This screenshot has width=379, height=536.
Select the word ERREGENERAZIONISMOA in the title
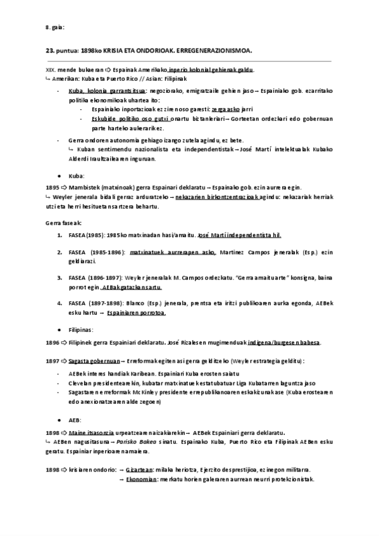tap(214, 49)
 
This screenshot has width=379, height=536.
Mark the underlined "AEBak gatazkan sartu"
tap(146, 286)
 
